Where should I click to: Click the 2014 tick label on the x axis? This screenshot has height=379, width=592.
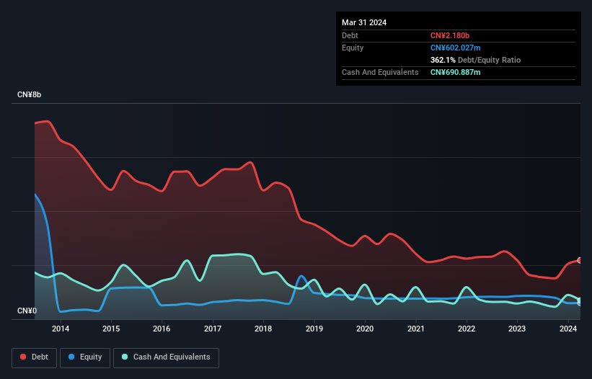tap(61, 329)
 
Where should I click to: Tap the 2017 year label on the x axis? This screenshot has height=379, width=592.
tap(213, 329)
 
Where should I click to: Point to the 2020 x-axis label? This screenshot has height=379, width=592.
tap(365, 329)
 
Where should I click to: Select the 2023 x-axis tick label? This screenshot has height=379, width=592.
tap(517, 329)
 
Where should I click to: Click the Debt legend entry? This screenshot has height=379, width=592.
tap(40, 357)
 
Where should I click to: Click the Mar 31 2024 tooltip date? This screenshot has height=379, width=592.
tap(364, 22)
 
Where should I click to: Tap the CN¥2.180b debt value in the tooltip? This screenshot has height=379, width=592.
tap(450, 35)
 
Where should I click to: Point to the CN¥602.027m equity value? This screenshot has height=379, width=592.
tap(455, 48)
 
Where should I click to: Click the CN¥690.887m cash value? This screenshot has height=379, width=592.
tap(455, 72)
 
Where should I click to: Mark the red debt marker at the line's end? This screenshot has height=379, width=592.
tap(580, 260)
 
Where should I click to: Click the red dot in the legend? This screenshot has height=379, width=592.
tap(23, 357)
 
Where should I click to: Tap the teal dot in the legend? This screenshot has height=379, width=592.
tap(125, 357)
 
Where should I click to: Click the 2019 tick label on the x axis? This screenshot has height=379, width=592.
tap(314, 329)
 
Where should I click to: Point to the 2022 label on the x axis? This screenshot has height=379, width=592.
tap(467, 329)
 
